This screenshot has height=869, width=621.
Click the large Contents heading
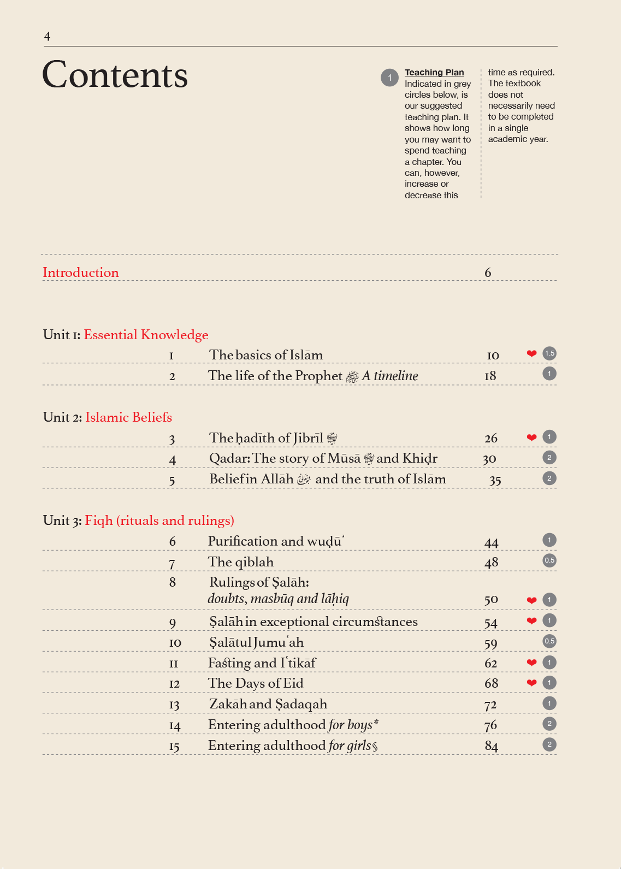pyautogui.click(x=115, y=75)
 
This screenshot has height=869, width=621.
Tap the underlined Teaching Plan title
pyautogui.click(x=434, y=72)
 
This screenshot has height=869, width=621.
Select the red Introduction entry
pyautogui.click(x=81, y=273)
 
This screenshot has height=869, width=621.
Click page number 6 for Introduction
pyautogui.click(x=488, y=273)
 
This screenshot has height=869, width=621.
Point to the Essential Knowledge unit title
pyautogui.click(x=146, y=335)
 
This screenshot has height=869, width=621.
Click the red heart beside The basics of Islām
pyautogui.click(x=531, y=353)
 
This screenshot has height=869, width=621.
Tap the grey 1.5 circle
pyautogui.click(x=549, y=353)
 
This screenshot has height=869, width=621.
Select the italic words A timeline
pyautogui.click(x=390, y=376)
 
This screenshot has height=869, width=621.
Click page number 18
pyautogui.click(x=490, y=376)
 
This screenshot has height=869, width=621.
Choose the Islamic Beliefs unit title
pyautogui.click(x=128, y=417)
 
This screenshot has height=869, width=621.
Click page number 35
pyautogui.click(x=495, y=480)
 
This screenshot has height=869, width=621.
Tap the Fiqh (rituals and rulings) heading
pyautogui.click(x=159, y=521)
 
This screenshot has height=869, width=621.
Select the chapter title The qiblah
pyautogui.click(x=241, y=562)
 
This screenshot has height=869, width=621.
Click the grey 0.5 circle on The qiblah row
pyautogui.click(x=549, y=560)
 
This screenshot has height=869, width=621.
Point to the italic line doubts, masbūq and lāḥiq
pyautogui.click(x=278, y=599)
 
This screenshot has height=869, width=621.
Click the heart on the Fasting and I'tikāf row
pyautogui.click(x=531, y=663)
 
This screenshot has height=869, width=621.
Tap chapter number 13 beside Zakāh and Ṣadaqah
pyautogui.click(x=174, y=705)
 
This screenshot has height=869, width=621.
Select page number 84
pyautogui.click(x=491, y=746)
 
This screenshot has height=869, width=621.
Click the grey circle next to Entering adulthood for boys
pyautogui.click(x=549, y=724)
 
